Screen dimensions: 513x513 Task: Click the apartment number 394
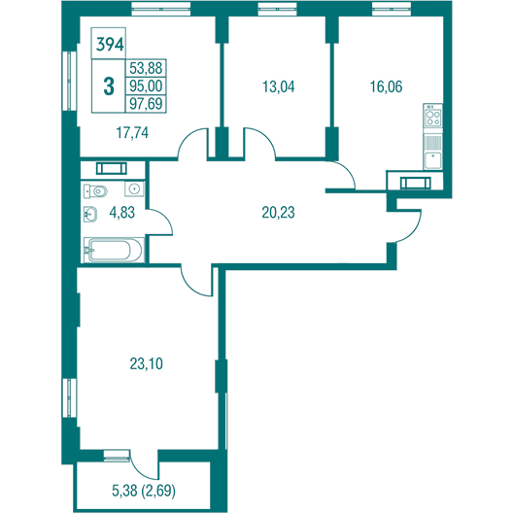click(110, 45)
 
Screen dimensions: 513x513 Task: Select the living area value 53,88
click(146, 68)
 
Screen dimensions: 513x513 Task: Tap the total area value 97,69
click(146, 103)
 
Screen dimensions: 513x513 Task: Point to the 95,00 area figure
click(146, 85)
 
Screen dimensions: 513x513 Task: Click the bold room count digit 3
click(109, 86)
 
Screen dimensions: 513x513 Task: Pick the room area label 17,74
click(132, 133)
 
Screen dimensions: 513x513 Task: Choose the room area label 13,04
click(279, 86)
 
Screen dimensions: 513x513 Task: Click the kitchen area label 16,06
click(386, 86)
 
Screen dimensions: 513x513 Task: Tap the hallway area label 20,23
click(278, 213)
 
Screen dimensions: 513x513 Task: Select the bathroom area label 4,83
click(122, 213)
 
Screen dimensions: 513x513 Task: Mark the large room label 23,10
click(147, 363)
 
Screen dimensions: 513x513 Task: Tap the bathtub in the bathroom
click(114, 250)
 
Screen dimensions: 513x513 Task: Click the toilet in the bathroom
click(95, 190)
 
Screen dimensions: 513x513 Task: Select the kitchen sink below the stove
click(433, 160)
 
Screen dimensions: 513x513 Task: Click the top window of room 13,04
click(277, 9)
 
